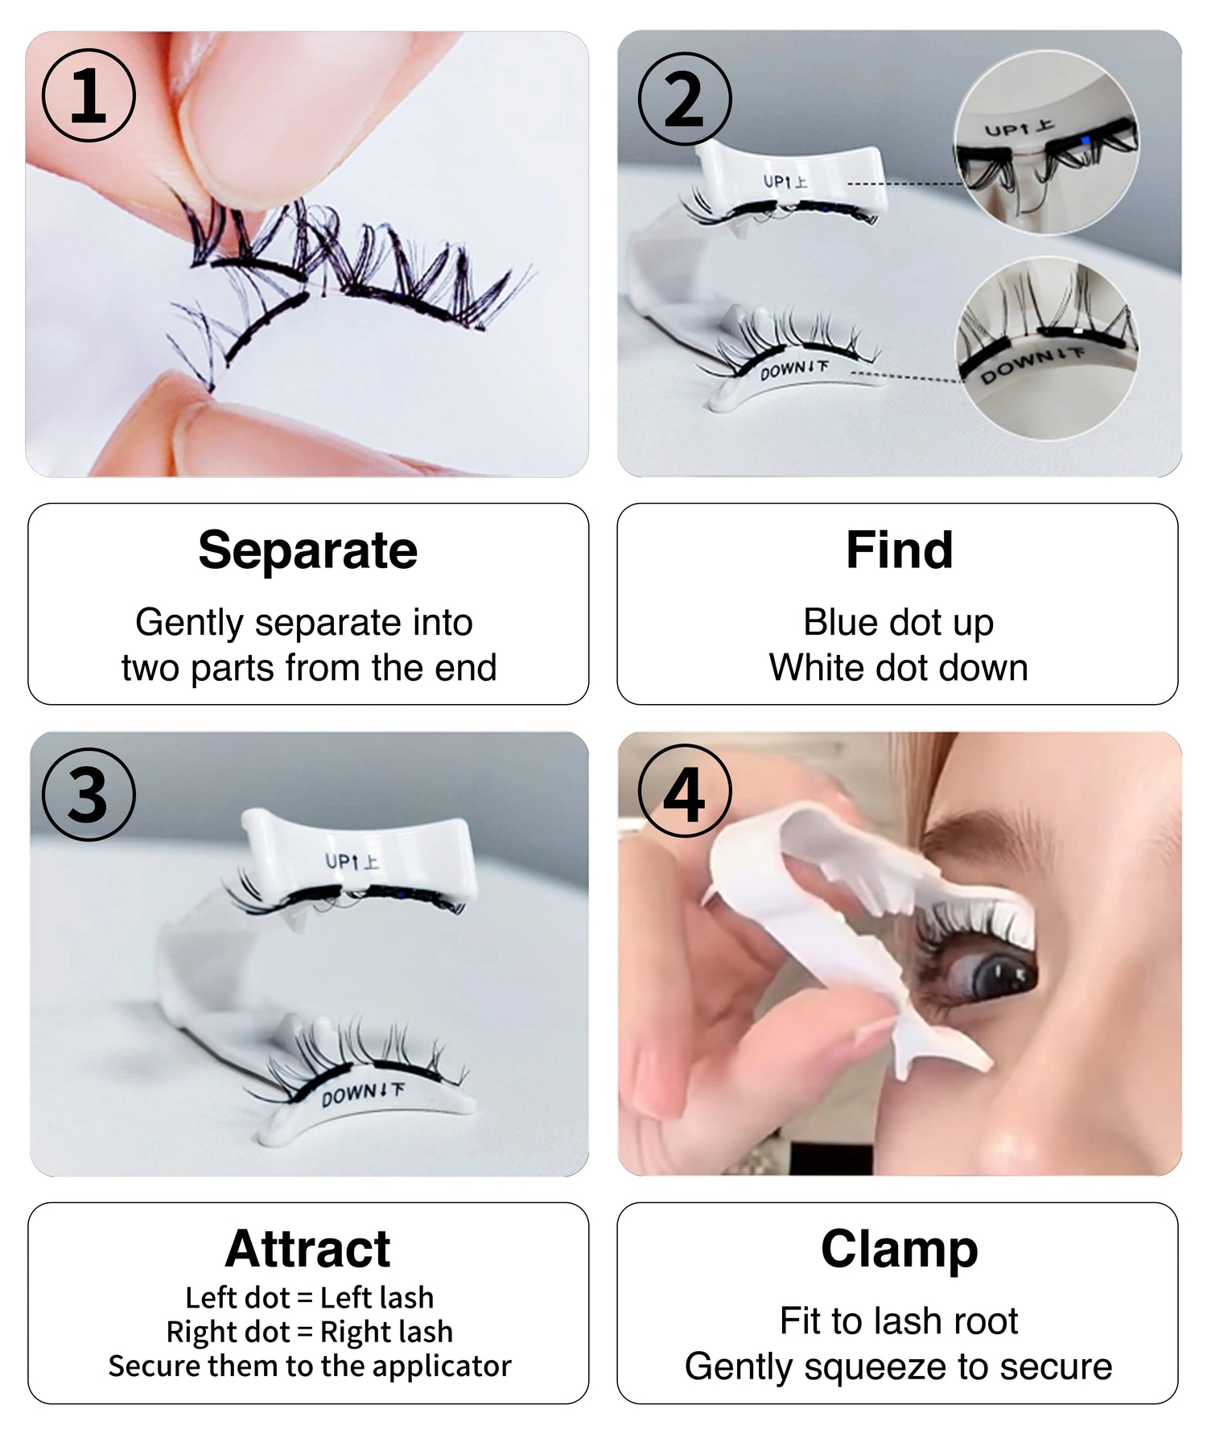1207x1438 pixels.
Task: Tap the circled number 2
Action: click(x=685, y=99)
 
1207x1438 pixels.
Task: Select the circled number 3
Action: click(x=89, y=795)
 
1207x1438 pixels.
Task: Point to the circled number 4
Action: click(x=685, y=792)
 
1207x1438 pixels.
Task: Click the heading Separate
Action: click(x=308, y=551)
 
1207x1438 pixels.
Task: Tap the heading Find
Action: click(x=899, y=550)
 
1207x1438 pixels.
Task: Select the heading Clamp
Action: click(x=899, y=1251)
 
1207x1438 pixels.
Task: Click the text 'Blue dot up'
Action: click(x=899, y=623)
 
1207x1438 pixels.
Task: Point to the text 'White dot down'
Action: click(x=899, y=668)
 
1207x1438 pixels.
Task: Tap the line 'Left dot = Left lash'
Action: click(x=310, y=1298)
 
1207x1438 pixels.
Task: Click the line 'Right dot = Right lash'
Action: click(x=310, y=1333)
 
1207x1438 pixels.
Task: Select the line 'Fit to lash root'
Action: click(x=899, y=1321)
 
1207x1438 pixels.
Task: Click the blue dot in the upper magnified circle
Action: click(x=1085, y=141)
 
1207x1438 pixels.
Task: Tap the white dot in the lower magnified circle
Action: click(x=1077, y=332)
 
